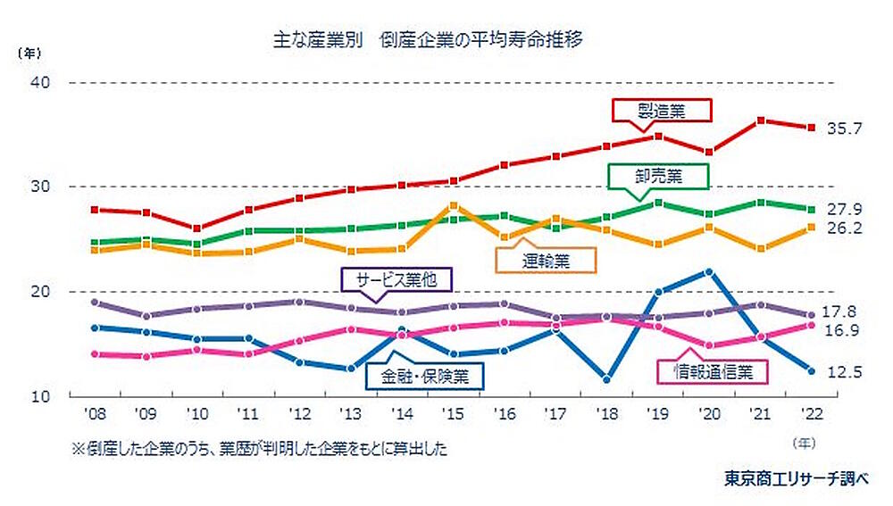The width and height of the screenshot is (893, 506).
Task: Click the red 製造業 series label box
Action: (662, 110)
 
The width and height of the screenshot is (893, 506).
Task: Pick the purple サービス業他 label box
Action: (398, 278)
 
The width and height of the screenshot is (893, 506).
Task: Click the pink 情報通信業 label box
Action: (712, 371)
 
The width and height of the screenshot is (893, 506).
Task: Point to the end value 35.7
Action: (844, 129)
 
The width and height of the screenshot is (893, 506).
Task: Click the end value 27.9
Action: (844, 209)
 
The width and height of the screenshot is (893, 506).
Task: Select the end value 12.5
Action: (844, 372)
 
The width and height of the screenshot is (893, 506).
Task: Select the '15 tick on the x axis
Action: (453, 414)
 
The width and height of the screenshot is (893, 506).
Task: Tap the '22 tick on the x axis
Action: (811, 414)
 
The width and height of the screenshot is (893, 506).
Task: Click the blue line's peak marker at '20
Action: (709, 271)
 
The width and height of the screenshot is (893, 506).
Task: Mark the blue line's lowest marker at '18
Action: (607, 379)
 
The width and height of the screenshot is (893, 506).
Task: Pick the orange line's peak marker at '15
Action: (453, 206)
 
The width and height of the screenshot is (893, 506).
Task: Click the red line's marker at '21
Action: (760, 120)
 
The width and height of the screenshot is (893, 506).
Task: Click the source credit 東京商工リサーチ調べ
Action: (796, 478)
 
